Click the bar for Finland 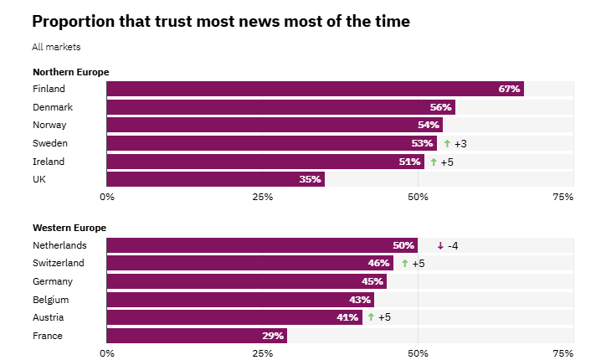pos(315,89)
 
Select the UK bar pos(215,179)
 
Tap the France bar pos(197,336)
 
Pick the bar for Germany pos(246,281)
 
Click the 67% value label pos(509,89)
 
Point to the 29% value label pos(272,336)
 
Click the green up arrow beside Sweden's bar pos(447,144)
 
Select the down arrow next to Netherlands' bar pos(440,245)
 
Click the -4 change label pos(453,245)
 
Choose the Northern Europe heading pos(71,72)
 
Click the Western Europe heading pos(69,228)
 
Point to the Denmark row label pos(53,107)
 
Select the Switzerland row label pos(59,263)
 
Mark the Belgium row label pos(50,300)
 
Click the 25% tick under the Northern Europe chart pos(263,197)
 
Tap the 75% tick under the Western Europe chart pos(562,353)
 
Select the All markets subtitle pos(56,47)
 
